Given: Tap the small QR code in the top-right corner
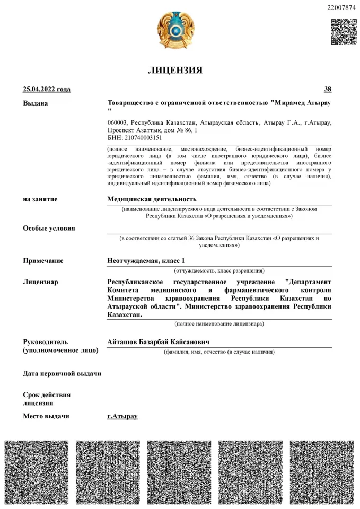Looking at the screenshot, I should [x=344, y=31].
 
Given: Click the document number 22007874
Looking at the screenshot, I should [x=343, y=7].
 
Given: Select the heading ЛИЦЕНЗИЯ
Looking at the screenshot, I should [x=175, y=70].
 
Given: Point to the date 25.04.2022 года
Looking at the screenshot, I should [x=47, y=89].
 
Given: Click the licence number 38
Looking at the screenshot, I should [x=328, y=89].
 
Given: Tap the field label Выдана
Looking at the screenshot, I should [x=35, y=103].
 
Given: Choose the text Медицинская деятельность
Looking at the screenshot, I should [x=152, y=199].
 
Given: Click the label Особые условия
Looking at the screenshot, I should [x=49, y=228].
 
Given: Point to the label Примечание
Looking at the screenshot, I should [x=43, y=260].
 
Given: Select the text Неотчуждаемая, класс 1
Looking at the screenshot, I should [x=146, y=260].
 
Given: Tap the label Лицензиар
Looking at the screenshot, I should [x=40, y=282].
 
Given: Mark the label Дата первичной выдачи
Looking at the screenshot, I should [x=62, y=373].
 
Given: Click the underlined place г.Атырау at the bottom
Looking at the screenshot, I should [x=122, y=416].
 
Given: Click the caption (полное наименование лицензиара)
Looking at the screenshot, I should [x=219, y=323].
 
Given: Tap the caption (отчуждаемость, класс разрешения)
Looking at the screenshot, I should [x=219, y=270].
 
